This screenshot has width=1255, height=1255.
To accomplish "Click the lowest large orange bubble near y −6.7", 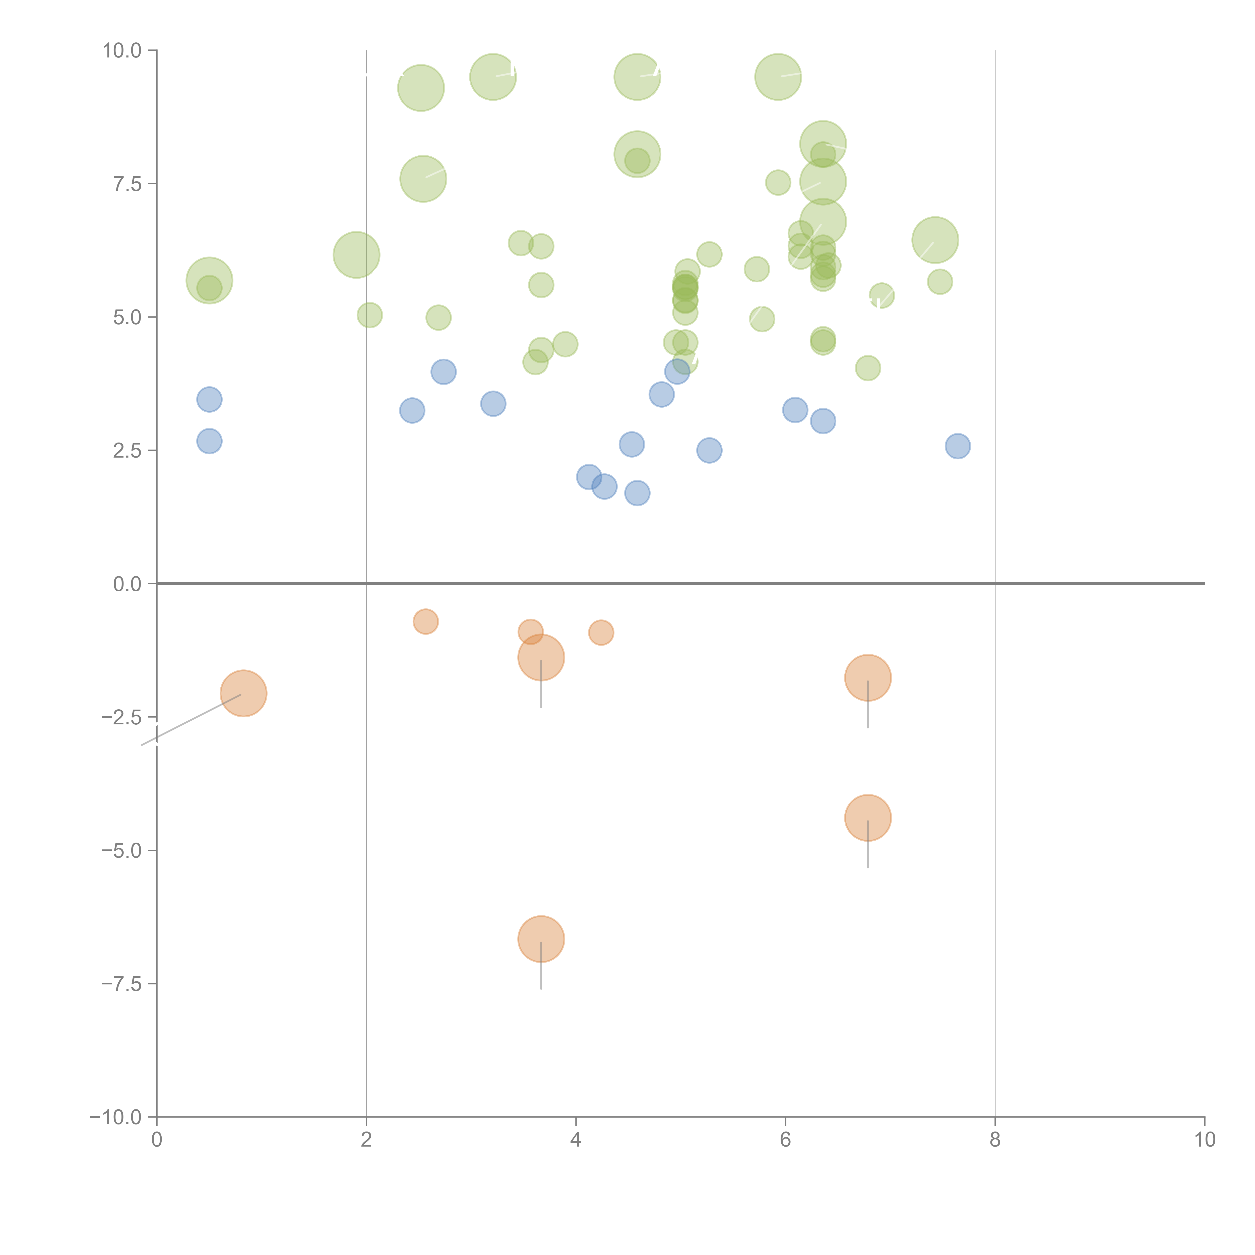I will tap(541, 939).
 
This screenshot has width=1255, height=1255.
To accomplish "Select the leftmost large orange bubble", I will tap(243, 693).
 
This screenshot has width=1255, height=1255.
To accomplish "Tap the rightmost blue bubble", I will tap(958, 446).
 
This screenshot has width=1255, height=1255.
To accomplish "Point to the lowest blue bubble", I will tap(637, 493).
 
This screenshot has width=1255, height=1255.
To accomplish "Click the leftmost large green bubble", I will tap(209, 281).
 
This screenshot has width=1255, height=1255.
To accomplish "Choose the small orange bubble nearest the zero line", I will tap(425, 622).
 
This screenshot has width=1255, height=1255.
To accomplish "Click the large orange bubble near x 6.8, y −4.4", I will tap(868, 818).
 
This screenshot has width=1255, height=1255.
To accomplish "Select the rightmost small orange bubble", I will tap(601, 632).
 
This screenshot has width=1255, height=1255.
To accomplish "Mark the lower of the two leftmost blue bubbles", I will tap(209, 441).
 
